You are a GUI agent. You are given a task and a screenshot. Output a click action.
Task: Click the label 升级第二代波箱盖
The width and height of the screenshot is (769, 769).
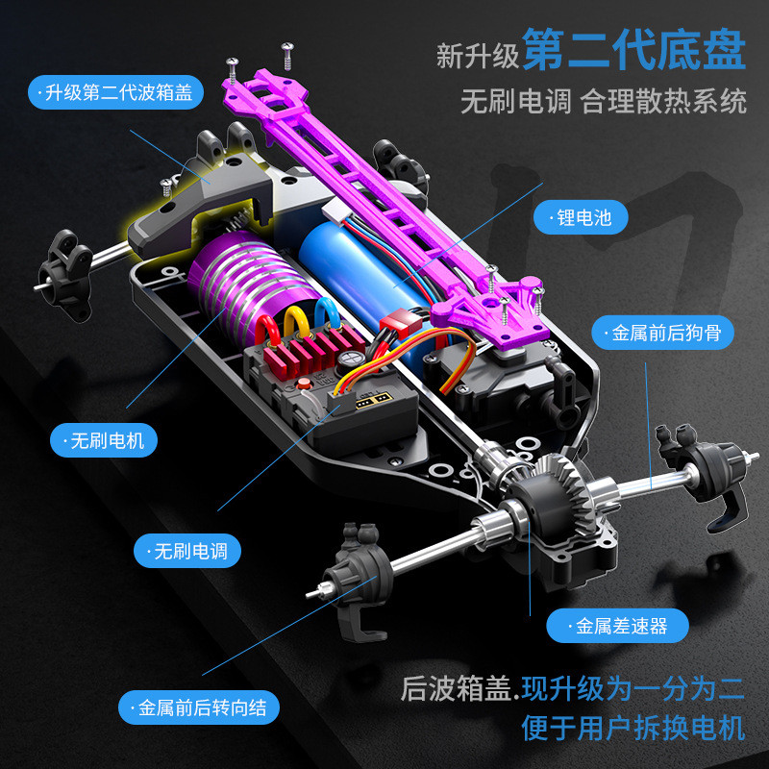click(115, 92)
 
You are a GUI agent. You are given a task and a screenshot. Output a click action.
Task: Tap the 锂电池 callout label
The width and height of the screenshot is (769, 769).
click(581, 217)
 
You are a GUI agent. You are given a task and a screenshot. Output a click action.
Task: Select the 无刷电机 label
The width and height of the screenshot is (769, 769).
click(104, 440)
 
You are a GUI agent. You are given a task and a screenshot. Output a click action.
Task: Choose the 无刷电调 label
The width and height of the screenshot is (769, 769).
click(187, 551)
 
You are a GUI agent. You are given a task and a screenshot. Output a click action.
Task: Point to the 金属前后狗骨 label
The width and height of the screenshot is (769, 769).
click(663, 333)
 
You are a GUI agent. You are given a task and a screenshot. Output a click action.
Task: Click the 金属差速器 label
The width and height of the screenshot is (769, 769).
click(618, 626)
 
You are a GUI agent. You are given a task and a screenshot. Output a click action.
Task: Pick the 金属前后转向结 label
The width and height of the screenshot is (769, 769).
click(199, 707)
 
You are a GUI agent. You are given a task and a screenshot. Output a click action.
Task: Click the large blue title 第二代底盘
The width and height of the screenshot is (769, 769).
click(633, 49)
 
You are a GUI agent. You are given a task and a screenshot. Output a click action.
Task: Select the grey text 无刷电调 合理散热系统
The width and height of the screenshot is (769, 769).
click(604, 102)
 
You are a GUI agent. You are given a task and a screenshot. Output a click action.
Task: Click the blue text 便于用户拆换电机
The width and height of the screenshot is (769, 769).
click(633, 728)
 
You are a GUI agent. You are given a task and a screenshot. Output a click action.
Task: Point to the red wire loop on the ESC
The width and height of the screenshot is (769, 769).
click(267, 331)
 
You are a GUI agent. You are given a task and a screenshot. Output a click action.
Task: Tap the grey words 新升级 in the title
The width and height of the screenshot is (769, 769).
click(477, 56)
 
